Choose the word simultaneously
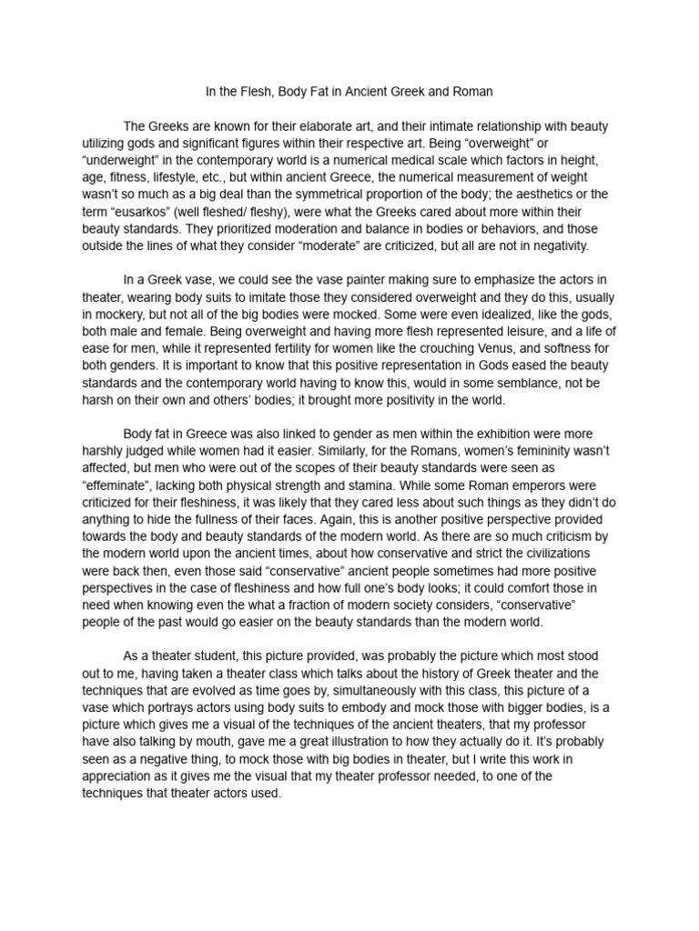pos(356,690)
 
